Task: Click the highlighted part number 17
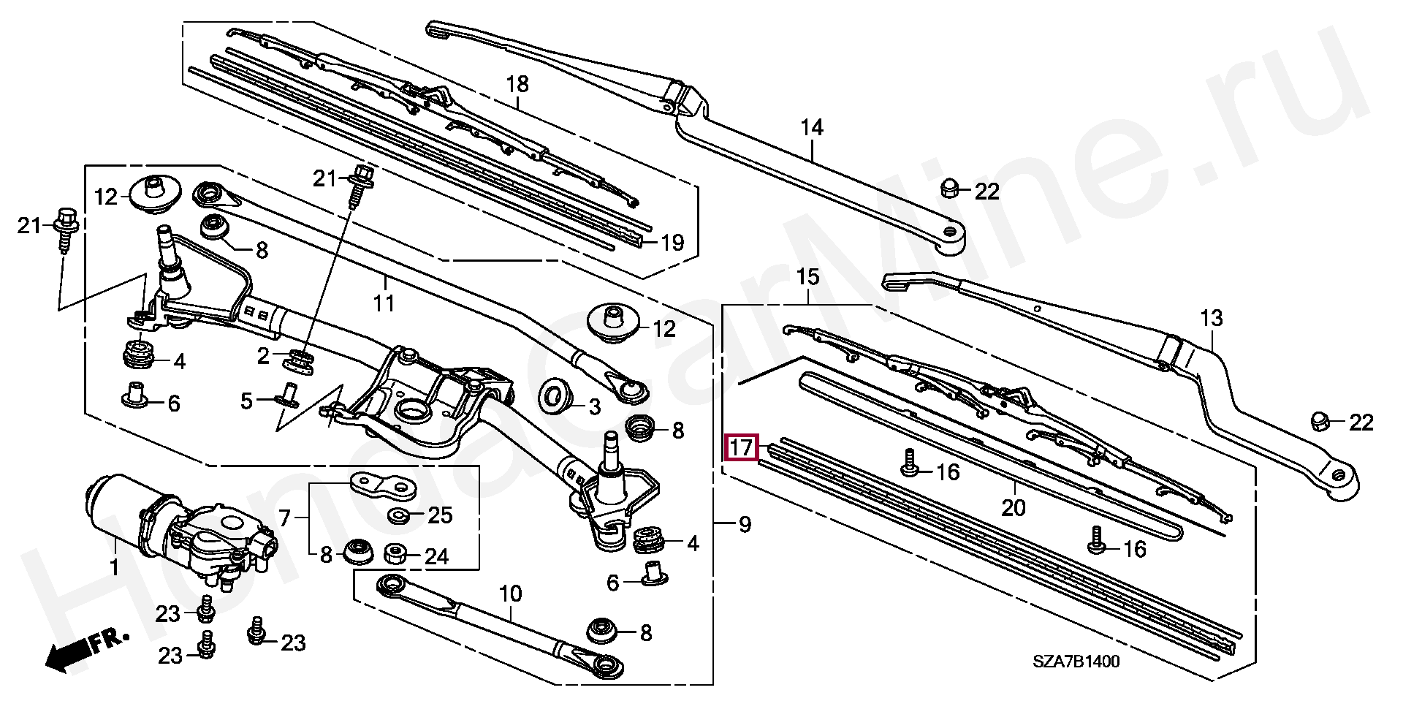pyautogui.click(x=742, y=447)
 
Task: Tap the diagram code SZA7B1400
pyautogui.click(x=1076, y=662)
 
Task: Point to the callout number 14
pyautogui.click(x=811, y=128)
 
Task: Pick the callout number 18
pyautogui.click(x=517, y=84)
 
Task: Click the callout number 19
pyautogui.click(x=672, y=243)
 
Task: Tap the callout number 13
pyautogui.click(x=1211, y=319)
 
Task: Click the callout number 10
pyautogui.click(x=511, y=594)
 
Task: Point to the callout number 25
pyautogui.click(x=440, y=515)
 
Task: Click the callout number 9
pyautogui.click(x=745, y=525)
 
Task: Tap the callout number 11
pyautogui.click(x=384, y=303)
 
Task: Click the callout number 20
pyautogui.click(x=1014, y=507)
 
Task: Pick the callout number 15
pyautogui.click(x=807, y=277)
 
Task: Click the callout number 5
pyautogui.click(x=247, y=401)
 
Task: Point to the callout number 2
pyautogui.click(x=264, y=356)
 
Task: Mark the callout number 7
pyautogui.click(x=285, y=520)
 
